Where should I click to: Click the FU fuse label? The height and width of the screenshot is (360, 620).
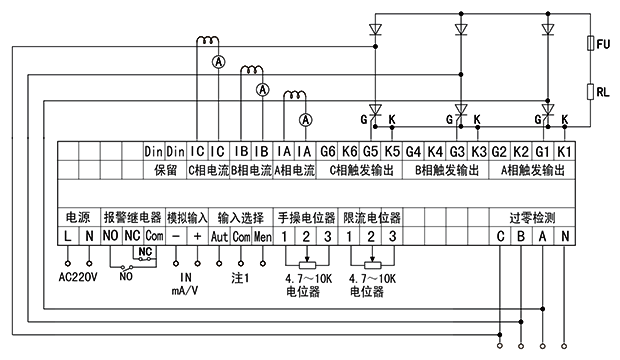604,46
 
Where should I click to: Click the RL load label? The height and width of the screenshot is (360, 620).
604,91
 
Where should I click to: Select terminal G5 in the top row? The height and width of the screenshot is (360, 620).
370,151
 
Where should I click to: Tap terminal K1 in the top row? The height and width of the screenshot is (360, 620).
564,151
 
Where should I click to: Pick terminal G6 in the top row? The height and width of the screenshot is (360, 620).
327,151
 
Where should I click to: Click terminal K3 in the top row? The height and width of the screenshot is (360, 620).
478,151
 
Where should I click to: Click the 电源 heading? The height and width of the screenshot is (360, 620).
77,217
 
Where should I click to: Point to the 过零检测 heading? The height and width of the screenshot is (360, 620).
532,217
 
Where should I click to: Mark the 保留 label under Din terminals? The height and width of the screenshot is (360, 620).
165,170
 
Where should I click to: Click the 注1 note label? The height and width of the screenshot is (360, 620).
240,277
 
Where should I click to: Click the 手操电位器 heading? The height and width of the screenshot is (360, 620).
305,217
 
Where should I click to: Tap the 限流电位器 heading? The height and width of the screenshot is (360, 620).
371,217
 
